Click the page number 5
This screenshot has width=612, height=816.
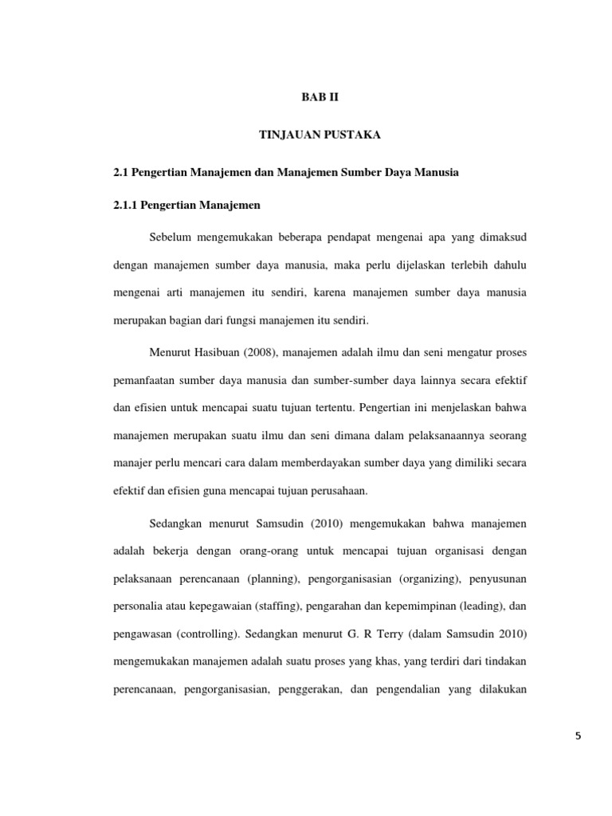point(578,736)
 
